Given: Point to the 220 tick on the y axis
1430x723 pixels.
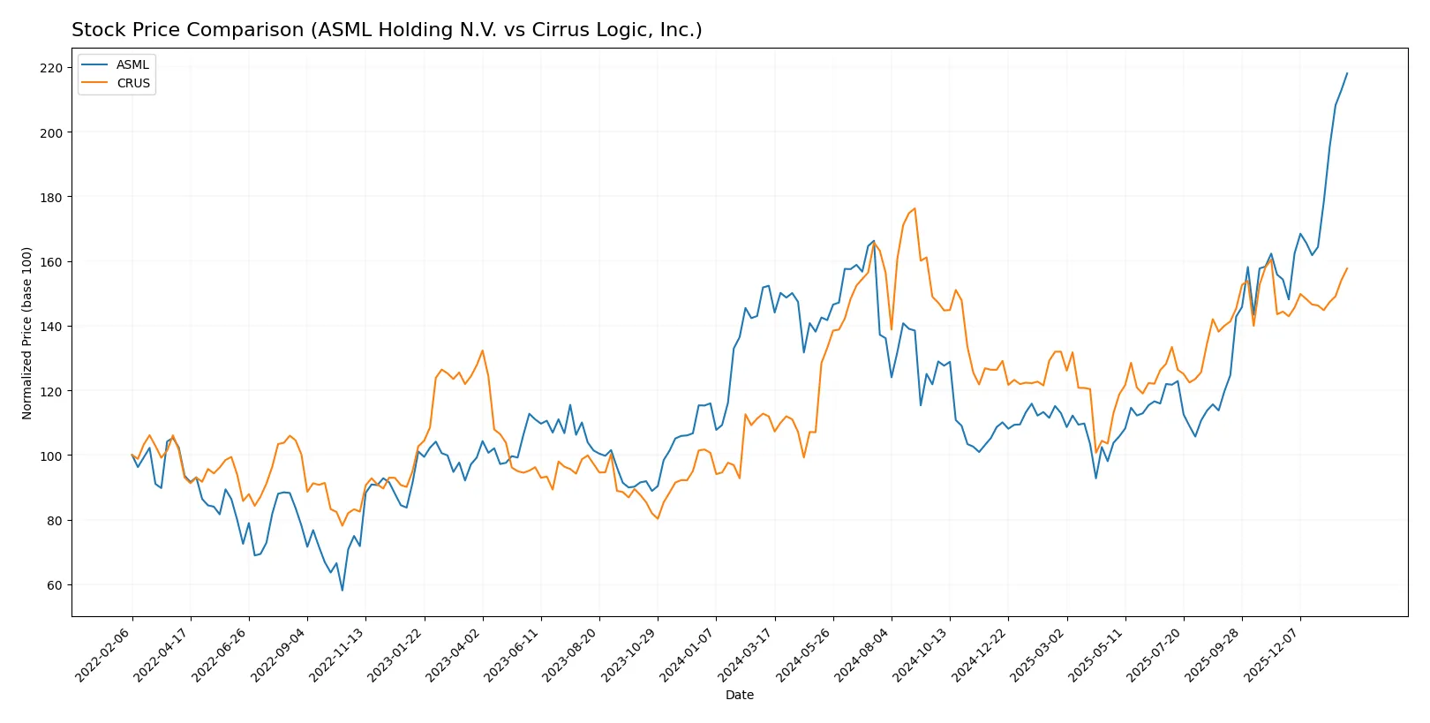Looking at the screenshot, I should click(x=51, y=68).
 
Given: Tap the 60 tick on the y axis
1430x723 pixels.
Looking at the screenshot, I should click(x=55, y=585).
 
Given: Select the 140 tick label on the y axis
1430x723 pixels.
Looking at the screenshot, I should click(x=51, y=327).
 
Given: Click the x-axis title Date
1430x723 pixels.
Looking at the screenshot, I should click(x=739, y=695).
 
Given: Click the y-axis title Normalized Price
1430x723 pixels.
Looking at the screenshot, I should click(x=26, y=333).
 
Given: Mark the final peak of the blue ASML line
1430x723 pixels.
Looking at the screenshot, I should click(x=1347, y=73).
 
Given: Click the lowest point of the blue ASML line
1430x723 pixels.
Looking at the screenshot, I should click(x=342, y=590).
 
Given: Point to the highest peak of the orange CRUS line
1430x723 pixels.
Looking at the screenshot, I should click(x=914, y=208).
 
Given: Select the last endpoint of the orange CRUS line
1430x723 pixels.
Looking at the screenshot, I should click(x=1347, y=268).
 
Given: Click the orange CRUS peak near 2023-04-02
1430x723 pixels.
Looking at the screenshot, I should click(x=482, y=350).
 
